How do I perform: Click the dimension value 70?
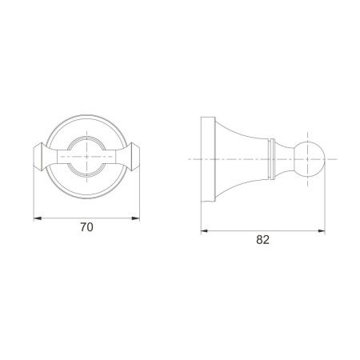(x=86, y=227)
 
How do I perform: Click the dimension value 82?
(x=262, y=240)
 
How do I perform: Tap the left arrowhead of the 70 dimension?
(x=38, y=218)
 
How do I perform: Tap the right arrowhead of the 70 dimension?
(x=136, y=218)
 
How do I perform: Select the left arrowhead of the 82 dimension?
(x=205, y=231)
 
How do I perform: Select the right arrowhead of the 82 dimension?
(x=322, y=231)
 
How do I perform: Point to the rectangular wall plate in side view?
(x=208, y=159)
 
